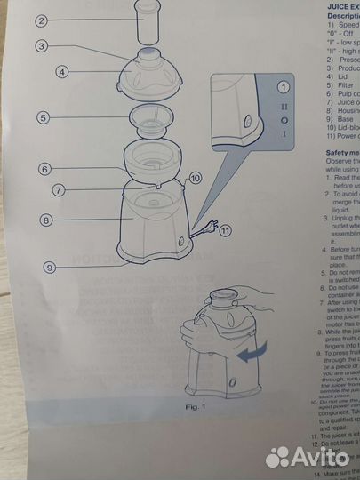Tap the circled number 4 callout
click(x=62, y=72)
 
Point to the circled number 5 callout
click(x=42, y=117)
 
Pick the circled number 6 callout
click(x=43, y=168)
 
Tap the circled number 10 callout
click(x=195, y=178)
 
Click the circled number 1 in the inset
click(x=284, y=87)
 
